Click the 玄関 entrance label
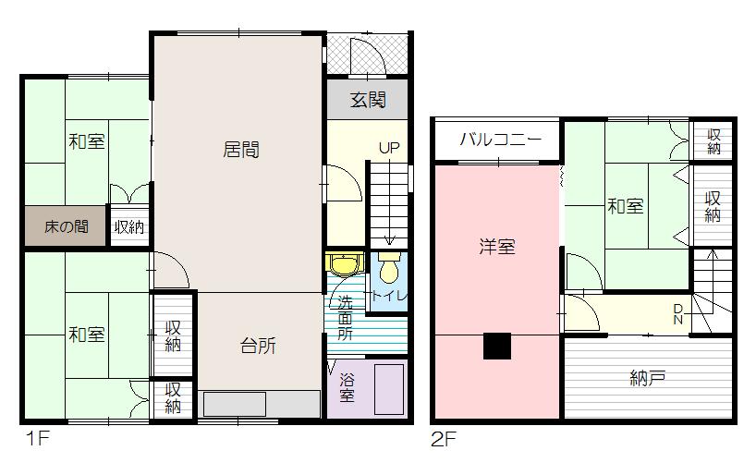pyautogui.click(x=367, y=100)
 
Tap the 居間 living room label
pyautogui.click(x=240, y=149)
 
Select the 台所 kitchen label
pyautogui.click(x=258, y=347)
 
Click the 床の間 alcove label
pyautogui.click(x=67, y=225)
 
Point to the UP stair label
pyautogui.click(x=389, y=148)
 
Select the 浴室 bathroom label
pyautogui.click(x=346, y=387)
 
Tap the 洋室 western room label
pyautogui.click(x=497, y=247)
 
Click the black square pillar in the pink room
pyautogui.click(x=497, y=345)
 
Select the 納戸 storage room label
pyautogui.click(x=649, y=377)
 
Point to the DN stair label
pyautogui.click(x=678, y=314)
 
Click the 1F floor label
pyautogui.click(x=36, y=439)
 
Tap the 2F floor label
pyautogui.click(x=445, y=439)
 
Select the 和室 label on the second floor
pyautogui.click(x=625, y=206)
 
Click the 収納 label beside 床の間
pyautogui.click(x=128, y=226)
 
